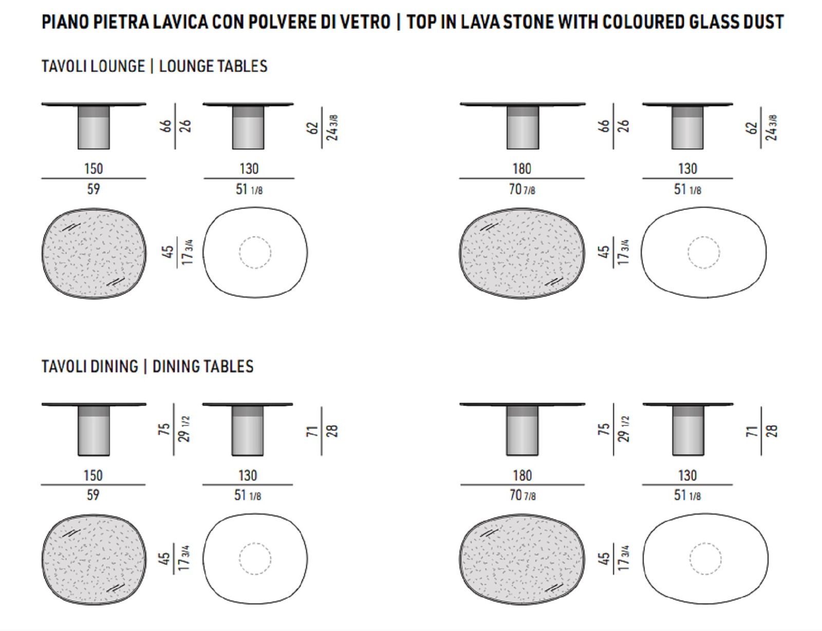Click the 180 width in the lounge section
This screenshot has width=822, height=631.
pyautogui.click(x=521, y=168)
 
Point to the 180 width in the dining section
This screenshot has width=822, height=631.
pyautogui.click(x=522, y=475)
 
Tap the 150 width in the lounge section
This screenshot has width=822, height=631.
pyautogui.click(x=94, y=168)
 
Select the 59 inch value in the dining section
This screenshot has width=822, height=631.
pyautogui.click(x=93, y=494)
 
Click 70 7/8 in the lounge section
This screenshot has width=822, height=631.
pyautogui.click(x=522, y=189)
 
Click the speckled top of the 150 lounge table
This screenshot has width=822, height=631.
pyautogui.click(x=94, y=253)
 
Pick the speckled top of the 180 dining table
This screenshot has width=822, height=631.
pyautogui.click(x=522, y=560)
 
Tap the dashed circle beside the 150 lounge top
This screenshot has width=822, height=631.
pyautogui.click(x=255, y=237)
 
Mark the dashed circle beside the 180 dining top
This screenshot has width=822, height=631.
pyautogui.click(x=705, y=543)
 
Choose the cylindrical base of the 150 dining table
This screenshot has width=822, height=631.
pyautogui.click(x=94, y=431)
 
